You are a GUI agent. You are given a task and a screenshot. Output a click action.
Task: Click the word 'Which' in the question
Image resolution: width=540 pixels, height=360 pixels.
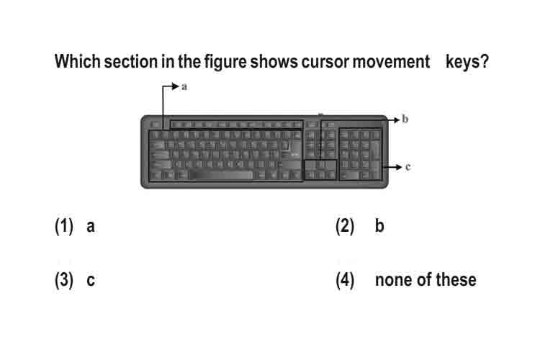tap(78, 62)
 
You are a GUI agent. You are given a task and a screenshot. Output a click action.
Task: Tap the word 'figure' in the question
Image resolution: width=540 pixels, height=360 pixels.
tap(225, 63)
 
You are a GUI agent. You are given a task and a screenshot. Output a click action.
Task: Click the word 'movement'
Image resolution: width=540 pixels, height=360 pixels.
tap(391, 63)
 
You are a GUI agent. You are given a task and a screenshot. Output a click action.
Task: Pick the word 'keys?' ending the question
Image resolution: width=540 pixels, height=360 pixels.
tap(467, 63)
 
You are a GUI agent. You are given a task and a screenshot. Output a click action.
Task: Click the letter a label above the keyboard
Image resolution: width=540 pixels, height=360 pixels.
tap(184, 87)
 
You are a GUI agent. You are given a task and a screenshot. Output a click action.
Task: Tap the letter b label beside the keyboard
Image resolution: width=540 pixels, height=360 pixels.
tap(405, 120)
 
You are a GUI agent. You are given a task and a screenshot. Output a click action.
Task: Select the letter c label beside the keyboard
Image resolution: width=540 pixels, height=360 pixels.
tap(408, 167)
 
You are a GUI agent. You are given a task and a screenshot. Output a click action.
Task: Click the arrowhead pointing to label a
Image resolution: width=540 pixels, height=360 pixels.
tap(175, 86)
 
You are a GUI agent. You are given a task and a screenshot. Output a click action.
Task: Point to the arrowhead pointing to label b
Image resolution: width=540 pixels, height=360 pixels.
tap(396, 120)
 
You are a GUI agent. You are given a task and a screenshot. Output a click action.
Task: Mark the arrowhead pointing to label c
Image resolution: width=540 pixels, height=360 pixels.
tap(398, 167)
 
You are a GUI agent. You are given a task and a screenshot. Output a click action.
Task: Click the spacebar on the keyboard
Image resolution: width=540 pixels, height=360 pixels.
tap(221, 175)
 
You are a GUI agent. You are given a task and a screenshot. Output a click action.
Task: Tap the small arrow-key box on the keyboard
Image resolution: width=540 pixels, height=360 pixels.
tap(320, 170)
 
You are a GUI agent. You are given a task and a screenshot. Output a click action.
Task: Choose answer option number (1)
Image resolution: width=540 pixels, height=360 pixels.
tap(64, 226)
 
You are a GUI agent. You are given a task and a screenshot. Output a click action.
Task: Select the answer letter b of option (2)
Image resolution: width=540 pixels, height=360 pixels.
tap(379, 225)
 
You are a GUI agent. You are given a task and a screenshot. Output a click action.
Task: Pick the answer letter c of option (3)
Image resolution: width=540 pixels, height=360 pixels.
tap(91, 280)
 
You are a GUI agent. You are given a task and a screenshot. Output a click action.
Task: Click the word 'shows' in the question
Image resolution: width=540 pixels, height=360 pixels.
tap(274, 62)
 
